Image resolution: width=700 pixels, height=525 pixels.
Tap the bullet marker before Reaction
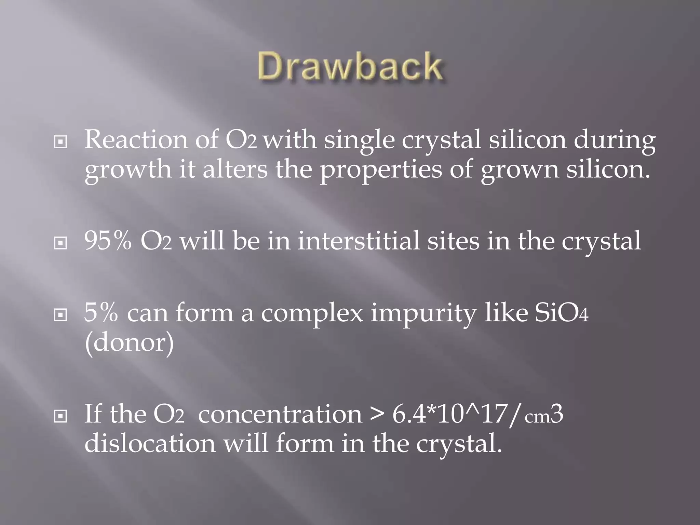tap(60, 142)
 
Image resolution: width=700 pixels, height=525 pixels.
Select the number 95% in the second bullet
tap(108, 241)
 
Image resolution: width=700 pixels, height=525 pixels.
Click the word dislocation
tap(150, 443)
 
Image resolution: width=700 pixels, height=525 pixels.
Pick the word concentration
tap(280, 414)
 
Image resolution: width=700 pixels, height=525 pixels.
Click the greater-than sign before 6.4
tap(376, 415)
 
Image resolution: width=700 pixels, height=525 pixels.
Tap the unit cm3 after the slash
tap(543, 415)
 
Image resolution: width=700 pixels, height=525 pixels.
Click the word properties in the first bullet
tap(380, 170)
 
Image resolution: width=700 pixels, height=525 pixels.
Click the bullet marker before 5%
tap(60, 315)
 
